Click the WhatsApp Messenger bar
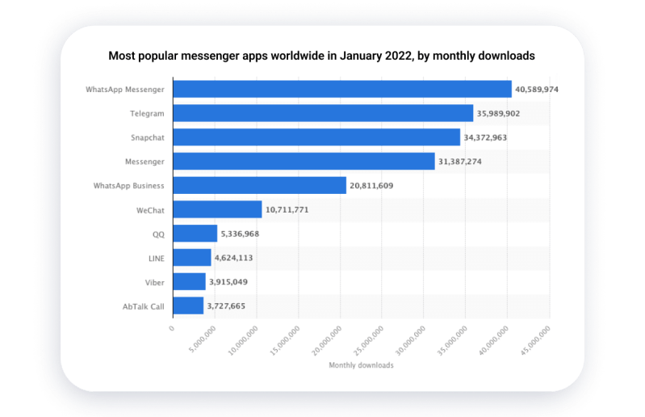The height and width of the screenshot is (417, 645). tap(342, 89)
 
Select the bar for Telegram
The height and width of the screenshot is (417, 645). tap(323, 113)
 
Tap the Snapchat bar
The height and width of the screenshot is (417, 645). tap(316, 137)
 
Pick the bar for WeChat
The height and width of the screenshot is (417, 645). tap(217, 210)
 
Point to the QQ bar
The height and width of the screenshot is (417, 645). tap(195, 234)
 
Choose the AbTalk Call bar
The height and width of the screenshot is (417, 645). tap(188, 306)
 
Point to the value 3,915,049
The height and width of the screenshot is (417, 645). tap(233, 282)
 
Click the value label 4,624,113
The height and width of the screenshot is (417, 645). tap(238, 258)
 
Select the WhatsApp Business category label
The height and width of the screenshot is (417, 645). tap(129, 186)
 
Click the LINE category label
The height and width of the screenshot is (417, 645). tap(155, 258)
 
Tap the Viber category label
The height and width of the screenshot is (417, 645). tap(154, 282)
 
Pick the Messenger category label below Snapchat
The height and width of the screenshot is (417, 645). tap(144, 162)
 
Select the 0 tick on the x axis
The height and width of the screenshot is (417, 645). tap(172, 329)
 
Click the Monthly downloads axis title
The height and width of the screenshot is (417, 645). tap(361, 366)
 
